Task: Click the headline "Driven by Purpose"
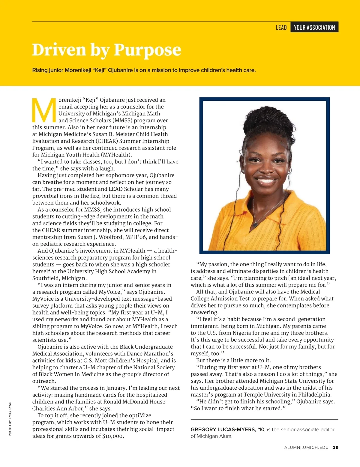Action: pyautogui.click(x=106, y=50)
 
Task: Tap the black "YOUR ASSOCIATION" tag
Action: pyautogui.click(x=314, y=27)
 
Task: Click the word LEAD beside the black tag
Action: pyautogui.click(x=281, y=28)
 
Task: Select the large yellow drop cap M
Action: pyautogui.click(x=44, y=110)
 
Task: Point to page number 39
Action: pyautogui.click(x=336, y=448)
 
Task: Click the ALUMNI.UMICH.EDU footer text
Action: pyautogui.click(x=306, y=448)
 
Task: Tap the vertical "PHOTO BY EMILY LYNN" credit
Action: pyautogui.click(x=10, y=419)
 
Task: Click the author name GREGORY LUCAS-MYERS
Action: pyautogui.click(x=227, y=430)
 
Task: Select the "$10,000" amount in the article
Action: pyautogui.click(x=112, y=436)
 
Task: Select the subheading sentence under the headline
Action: pyautogui.click(x=144, y=70)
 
